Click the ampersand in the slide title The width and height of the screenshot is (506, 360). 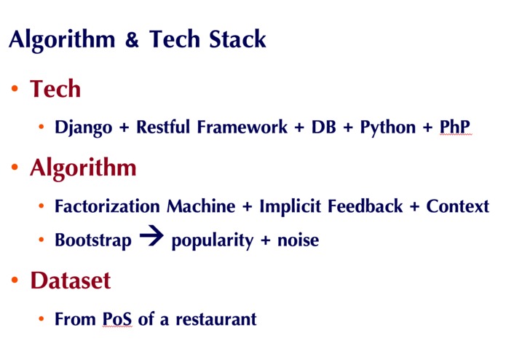point(132,40)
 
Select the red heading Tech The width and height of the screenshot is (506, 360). point(55,90)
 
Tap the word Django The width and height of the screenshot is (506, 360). point(83,128)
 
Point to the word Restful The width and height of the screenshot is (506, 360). point(165,128)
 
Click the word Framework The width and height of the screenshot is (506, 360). point(244,128)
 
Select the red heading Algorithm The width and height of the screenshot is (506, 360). point(83,168)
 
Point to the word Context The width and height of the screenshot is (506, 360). point(458,206)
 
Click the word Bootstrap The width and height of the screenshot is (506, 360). point(93,240)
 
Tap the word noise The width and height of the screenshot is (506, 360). point(298,240)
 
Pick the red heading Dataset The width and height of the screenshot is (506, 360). point(71,281)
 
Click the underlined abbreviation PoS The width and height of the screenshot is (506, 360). point(117,318)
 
